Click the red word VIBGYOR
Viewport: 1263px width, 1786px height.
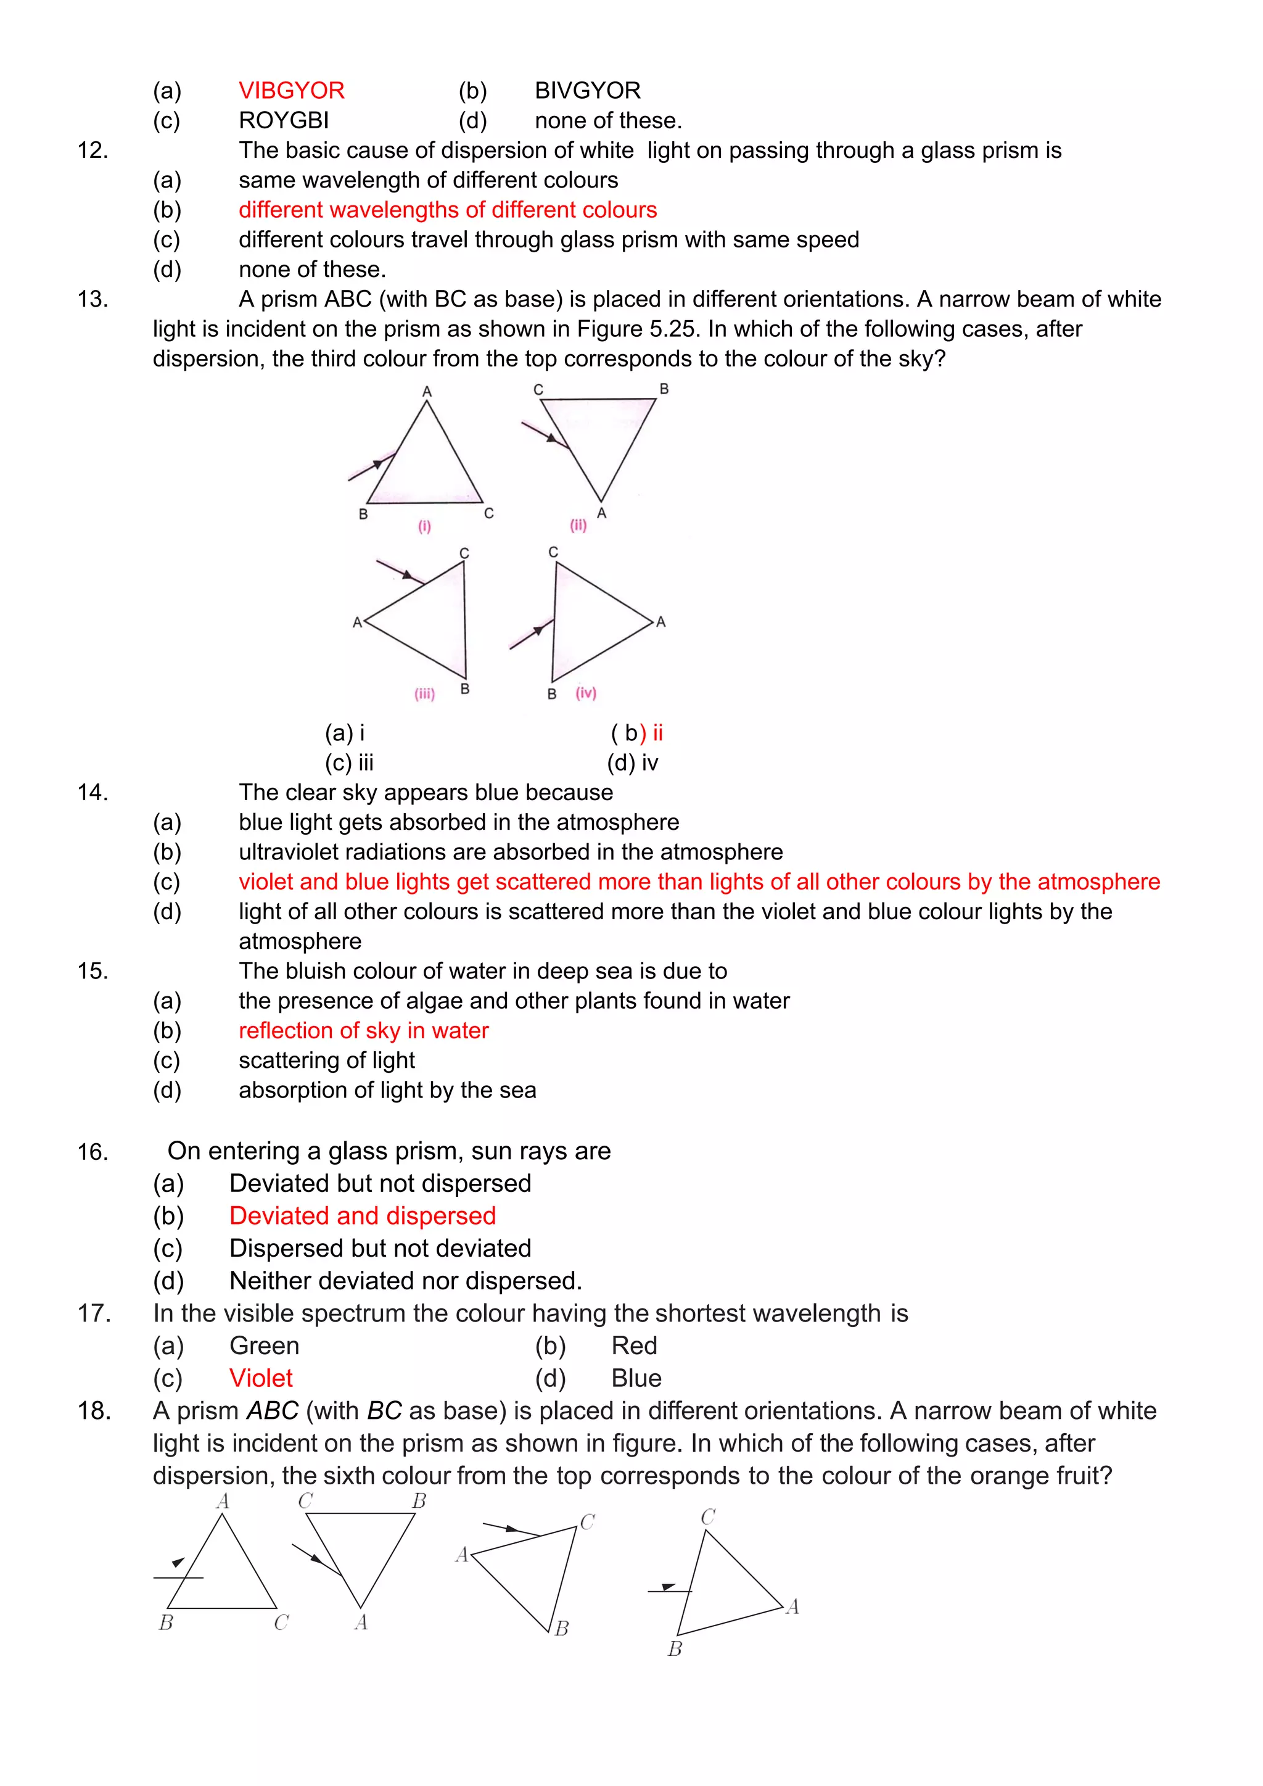(291, 91)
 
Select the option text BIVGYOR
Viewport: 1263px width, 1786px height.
(587, 91)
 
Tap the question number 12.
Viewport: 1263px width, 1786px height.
(93, 150)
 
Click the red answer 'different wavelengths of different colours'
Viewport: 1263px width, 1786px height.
(447, 210)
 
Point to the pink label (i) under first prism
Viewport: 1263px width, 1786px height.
(425, 527)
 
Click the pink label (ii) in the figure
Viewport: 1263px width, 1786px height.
(578, 525)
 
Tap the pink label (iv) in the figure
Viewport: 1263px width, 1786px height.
(586, 692)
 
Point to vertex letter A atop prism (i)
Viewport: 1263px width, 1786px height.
(427, 391)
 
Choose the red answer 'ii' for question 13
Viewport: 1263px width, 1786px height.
(657, 733)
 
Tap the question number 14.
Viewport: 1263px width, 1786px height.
(93, 793)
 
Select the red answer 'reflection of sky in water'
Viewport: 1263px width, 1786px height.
(363, 1031)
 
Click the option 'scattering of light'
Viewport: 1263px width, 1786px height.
(327, 1060)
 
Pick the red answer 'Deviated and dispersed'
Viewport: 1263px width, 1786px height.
(363, 1216)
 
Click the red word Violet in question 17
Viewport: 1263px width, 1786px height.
(260, 1378)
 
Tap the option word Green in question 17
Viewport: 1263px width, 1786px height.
(265, 1346)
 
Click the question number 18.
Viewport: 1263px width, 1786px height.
(94, 1411)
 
